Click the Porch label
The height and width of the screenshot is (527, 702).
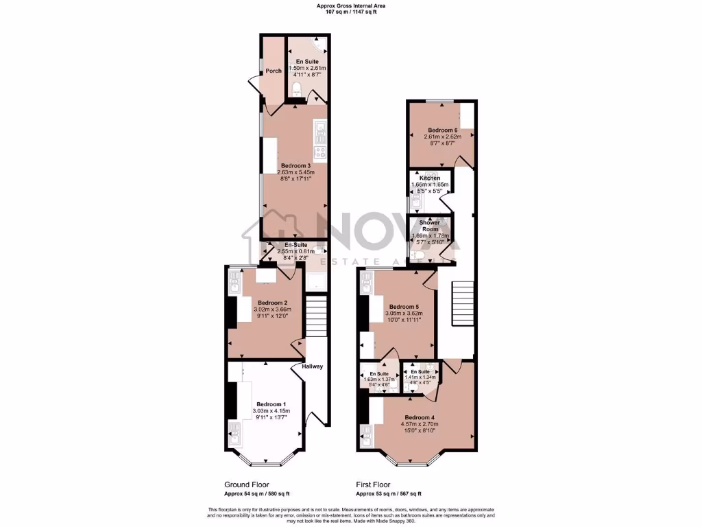tap(274, 71)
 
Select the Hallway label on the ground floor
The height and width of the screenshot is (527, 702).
tap(312, 366)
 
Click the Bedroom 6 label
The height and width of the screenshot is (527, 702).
tap(442, 130)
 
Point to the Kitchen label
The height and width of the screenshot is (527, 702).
tap(430, 178)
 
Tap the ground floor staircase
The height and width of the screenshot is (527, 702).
tap(316, 315)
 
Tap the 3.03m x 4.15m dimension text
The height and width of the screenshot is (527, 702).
tap(271, 411)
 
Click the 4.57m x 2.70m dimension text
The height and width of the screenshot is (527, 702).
tap(419, 424)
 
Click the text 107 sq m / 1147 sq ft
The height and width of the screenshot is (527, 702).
tap(350, 12)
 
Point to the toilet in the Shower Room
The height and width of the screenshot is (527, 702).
tap(419, 255)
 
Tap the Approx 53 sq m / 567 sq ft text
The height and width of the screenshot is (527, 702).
tap(388, 493)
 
